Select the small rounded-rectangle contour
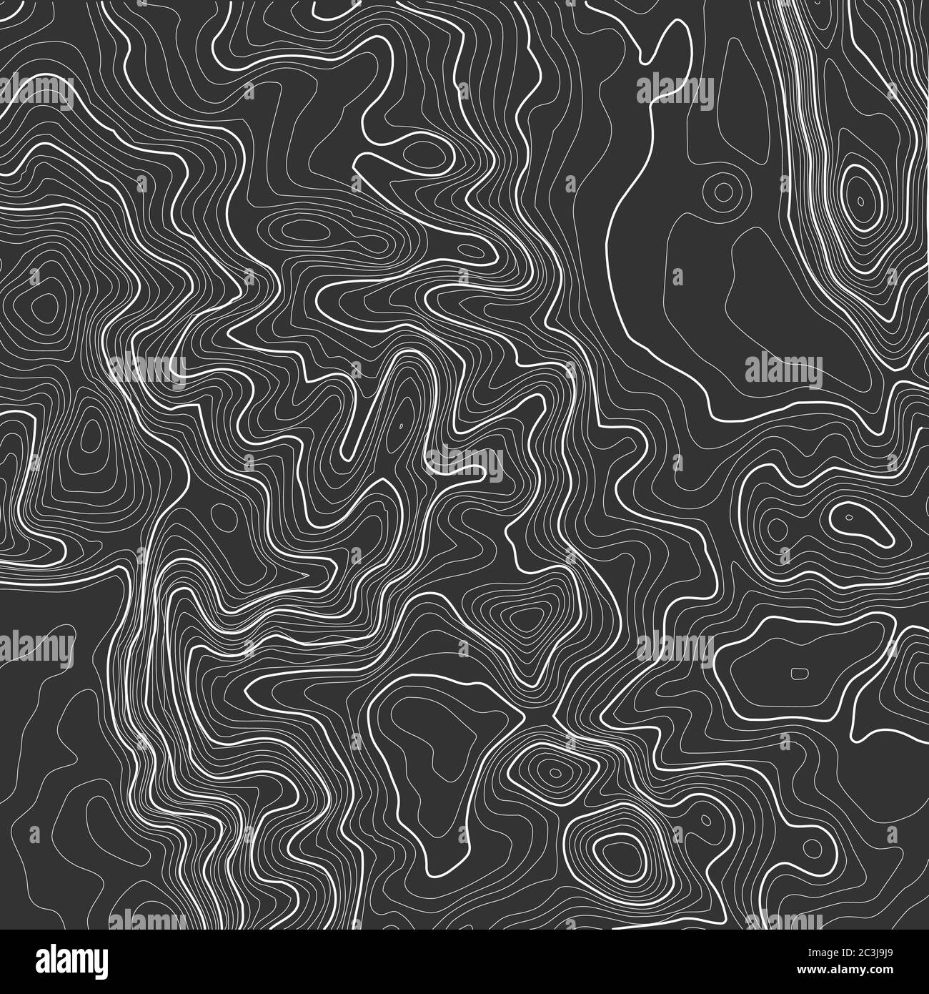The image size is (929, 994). point(798,672)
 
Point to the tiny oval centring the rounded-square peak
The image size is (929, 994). point(555,773)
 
